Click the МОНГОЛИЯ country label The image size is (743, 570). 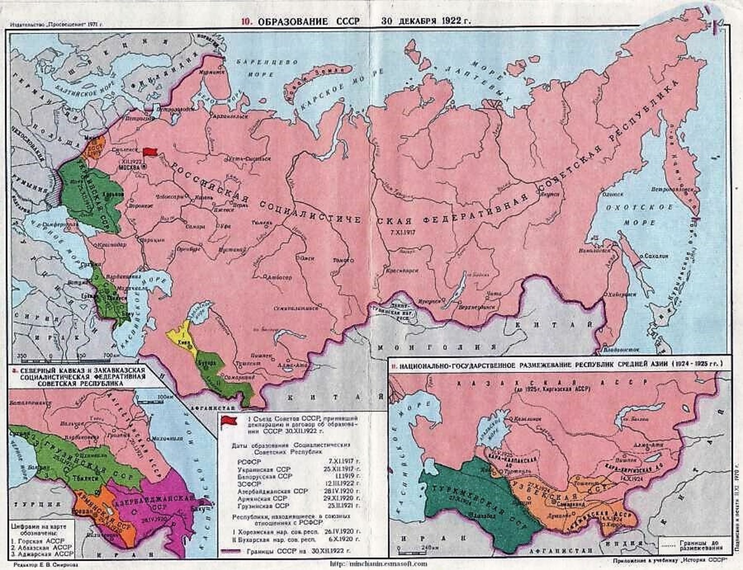pos(437,347)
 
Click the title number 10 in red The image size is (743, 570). pos(247,22)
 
